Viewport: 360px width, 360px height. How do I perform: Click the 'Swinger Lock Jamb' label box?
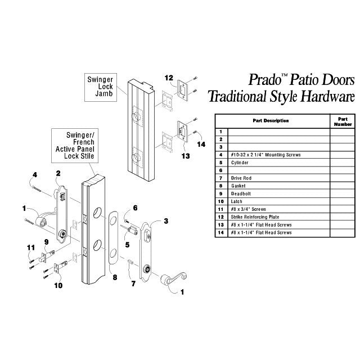101,87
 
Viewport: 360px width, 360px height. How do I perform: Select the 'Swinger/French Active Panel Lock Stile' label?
75,146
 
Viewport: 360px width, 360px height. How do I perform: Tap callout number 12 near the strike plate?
169,78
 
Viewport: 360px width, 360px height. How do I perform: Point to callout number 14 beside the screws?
201,145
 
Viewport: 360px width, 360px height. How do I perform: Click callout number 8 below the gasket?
115,277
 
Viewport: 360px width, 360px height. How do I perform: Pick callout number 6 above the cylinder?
135,208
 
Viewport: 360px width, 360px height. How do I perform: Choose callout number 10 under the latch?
58,285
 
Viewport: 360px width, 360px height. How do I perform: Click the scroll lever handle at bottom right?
174,279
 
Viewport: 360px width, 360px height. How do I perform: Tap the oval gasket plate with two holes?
112,237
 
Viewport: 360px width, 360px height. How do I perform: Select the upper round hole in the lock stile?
97,213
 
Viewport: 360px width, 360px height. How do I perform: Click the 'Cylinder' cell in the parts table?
240,163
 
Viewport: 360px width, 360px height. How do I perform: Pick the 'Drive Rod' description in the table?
241,178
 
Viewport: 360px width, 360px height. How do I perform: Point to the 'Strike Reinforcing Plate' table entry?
255,217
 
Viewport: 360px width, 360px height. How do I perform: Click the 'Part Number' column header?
343,121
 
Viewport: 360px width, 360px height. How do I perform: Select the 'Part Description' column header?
271,120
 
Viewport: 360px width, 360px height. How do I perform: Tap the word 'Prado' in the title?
265,80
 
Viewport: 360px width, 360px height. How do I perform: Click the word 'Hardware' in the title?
327,96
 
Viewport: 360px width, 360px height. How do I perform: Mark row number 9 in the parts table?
221,193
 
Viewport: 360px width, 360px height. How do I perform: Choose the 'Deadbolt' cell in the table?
241,193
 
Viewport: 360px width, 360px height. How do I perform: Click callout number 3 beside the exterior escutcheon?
166,221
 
